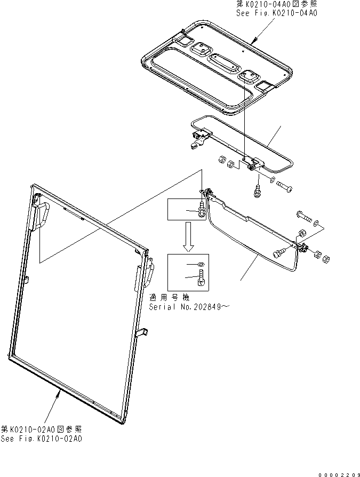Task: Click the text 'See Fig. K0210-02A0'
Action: tap(41, 439)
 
